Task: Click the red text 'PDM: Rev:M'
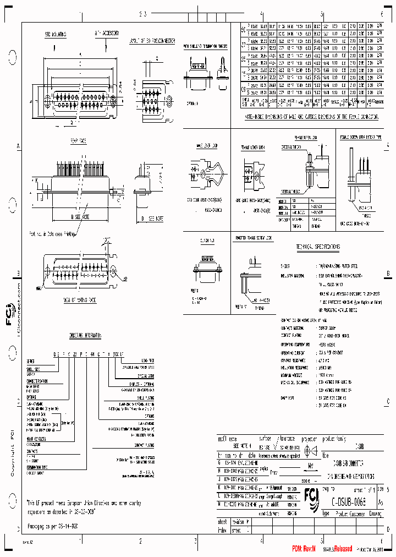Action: pos(304,548)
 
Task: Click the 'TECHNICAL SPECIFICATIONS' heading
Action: pos(318,247)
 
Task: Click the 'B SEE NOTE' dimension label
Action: pos(81,218)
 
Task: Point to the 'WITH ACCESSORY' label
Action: pos(107,34)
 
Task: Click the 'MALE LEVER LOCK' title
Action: pos(207,146)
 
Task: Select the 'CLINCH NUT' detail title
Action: pos(207,241)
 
